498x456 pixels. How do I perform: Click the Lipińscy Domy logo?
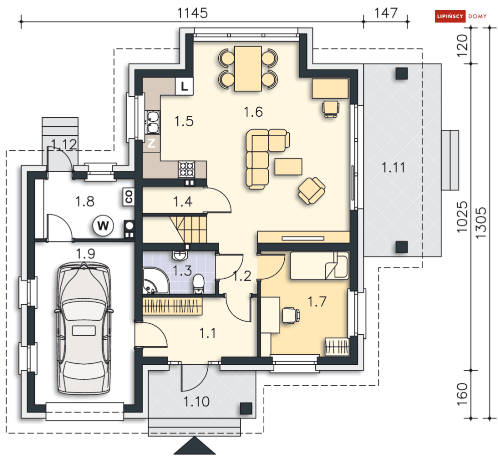coord(460,16)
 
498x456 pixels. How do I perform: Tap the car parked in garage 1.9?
coord(84,328)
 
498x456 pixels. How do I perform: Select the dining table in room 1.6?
coord(248,68)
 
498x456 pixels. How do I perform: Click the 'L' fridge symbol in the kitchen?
coord(184,86)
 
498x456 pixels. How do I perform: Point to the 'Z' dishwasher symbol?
coord(151,143)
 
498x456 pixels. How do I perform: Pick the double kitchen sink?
coord(153,122)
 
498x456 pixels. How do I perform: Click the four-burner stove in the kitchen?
coord(187,169)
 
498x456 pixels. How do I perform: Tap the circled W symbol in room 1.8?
coord(103,225)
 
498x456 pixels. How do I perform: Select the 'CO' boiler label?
coord(129,197)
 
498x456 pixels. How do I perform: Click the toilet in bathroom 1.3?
coord(199,284)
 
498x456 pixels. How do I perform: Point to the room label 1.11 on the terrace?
coord(393,167)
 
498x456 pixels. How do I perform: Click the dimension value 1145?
coord(192,14)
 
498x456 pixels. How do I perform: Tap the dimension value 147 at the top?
coord(386,14)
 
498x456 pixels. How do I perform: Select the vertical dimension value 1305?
coord(481,222)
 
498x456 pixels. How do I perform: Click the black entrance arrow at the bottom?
coord(194,446)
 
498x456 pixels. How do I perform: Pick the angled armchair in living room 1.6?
coord(311,190)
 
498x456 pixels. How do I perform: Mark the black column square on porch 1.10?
coord(246,408)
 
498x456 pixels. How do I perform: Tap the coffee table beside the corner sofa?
coord(288,167)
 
